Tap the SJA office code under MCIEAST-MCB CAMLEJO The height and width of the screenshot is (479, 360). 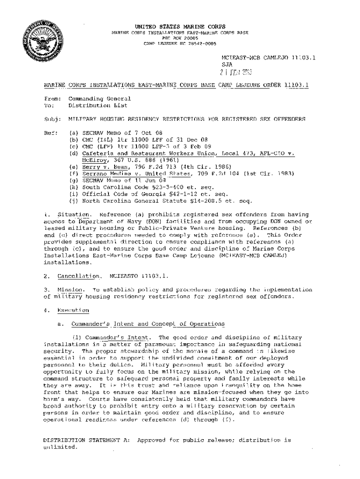[x=227, y=65]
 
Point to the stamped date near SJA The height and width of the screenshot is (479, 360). [x=237, y=73]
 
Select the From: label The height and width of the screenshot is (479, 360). [x=51, y=99]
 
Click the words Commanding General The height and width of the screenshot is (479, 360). [x=100, y=99]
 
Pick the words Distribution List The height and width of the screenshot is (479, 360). [x=100, y=106]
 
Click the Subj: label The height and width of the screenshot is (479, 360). [x=51, y=120]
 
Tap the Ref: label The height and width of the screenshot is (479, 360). [x=50, y=133]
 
